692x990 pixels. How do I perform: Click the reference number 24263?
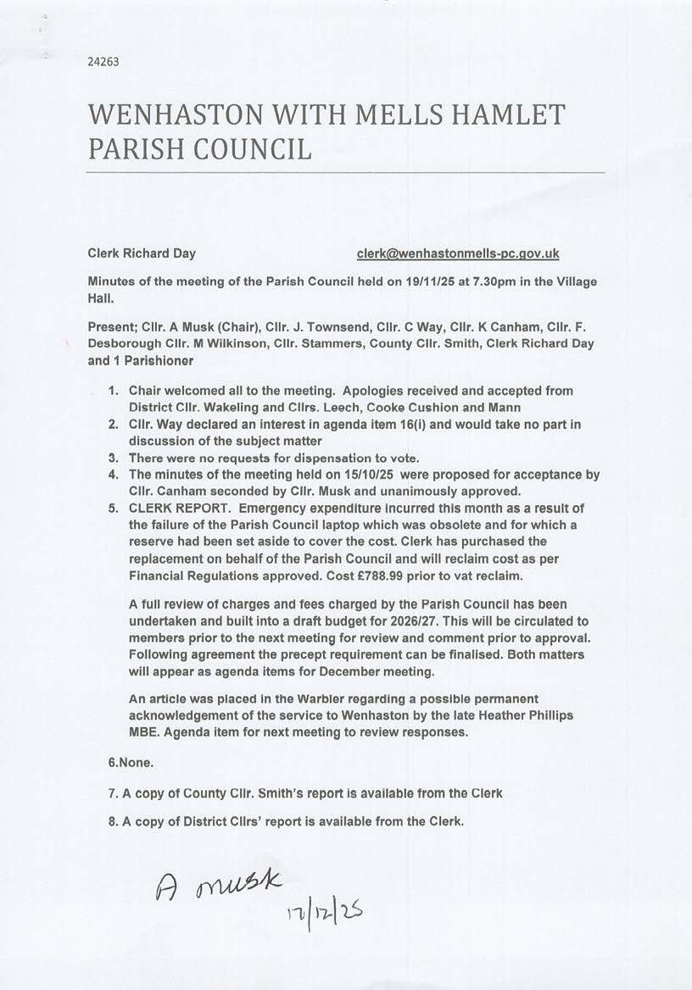[102, 61]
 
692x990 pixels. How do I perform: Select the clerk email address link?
[458, 253]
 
